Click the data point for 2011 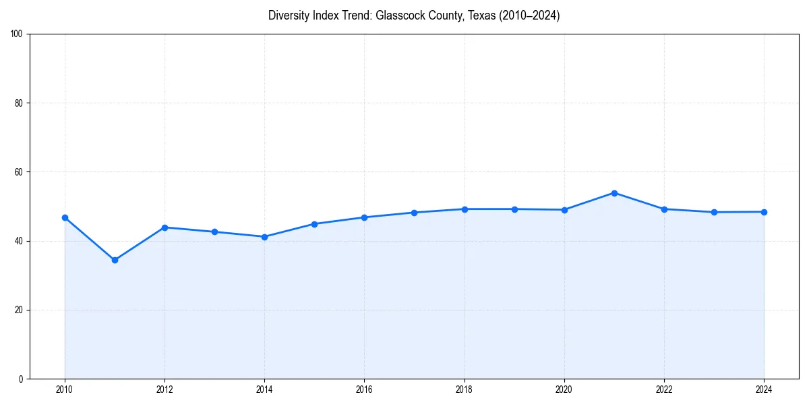pos(115,260)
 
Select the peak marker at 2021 pos(614,193)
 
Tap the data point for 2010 pos(65,217)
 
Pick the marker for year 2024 pos(764,212)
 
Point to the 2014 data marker pos(264,237)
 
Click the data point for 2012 pos(164,227)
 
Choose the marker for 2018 pos(465,209)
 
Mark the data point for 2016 pos(364,217)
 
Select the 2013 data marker pos(214,232)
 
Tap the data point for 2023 pos(714,212)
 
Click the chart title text pos(414,16)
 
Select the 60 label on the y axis pos(19,172)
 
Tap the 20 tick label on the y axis pos(19,310)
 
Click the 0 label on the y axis pos(21,379)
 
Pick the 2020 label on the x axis pos(564,389)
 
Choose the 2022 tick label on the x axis pos(664,389)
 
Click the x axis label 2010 pos(65,389)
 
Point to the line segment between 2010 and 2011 pos(90,239)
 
